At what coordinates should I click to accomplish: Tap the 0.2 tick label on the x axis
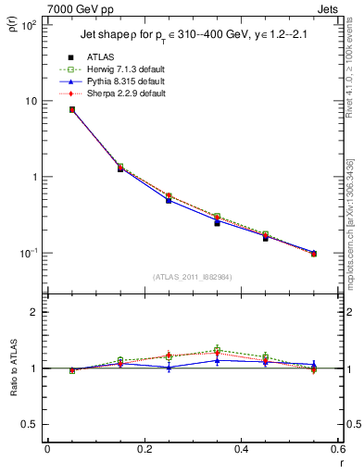144,450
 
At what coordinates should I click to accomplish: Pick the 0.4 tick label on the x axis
241,450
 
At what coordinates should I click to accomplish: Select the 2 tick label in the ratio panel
35,312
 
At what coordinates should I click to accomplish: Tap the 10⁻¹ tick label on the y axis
30,253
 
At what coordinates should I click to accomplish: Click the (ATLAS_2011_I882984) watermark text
192,276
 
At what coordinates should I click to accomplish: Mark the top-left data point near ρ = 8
71,109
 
